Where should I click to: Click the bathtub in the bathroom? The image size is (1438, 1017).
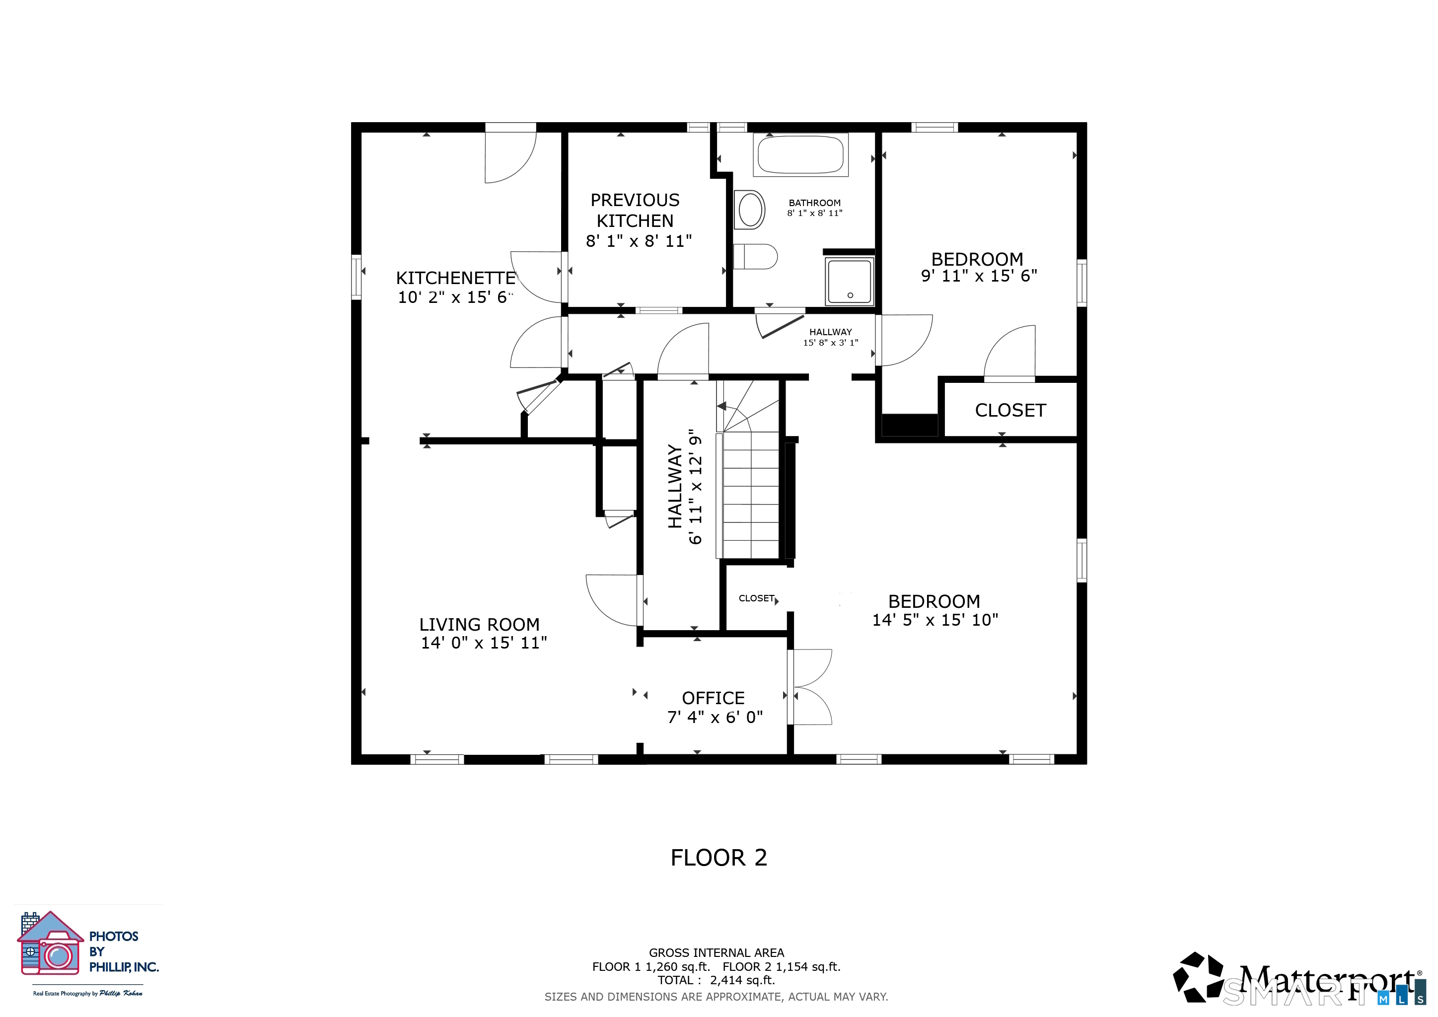coord(800,154)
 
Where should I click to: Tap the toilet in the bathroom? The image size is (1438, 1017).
coord(755,257)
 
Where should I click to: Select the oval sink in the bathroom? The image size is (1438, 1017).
coord(750,210)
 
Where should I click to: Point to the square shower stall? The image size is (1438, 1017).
coord(849,281)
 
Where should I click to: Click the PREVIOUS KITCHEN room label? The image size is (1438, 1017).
coord(635,211)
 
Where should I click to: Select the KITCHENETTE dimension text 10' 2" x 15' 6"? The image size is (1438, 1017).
coord(455,297)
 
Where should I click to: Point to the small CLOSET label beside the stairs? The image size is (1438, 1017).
coord(757,599)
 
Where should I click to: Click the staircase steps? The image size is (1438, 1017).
coord(750,495)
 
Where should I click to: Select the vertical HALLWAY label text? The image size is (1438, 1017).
coord(675,487)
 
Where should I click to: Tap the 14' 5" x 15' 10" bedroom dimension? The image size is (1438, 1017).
coord(935,620)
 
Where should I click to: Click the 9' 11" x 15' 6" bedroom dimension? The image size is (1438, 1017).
coord(978,276)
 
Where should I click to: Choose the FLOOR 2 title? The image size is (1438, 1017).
coord(719,858)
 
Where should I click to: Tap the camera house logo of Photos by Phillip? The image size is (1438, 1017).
coord(50,945)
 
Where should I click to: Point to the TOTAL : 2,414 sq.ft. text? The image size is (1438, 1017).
coord(716,980)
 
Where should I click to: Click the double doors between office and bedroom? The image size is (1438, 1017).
coord(810,687)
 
